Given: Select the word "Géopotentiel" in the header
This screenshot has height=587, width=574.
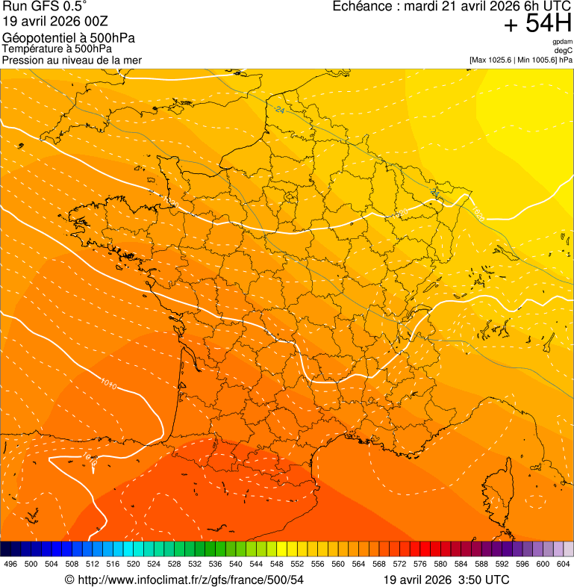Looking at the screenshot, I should click(x=35, y=38).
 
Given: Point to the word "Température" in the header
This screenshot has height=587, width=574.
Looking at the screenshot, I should click(x=31, y=49).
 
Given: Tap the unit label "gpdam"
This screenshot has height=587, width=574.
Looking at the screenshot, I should click(x=562, y=42).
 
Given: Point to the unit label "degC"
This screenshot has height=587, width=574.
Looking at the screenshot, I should click(x=564, y=50).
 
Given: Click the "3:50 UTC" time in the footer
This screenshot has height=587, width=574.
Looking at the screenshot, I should click(x=486, y=580).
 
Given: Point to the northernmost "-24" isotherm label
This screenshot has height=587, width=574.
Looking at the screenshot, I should click(x=280, y=110).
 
